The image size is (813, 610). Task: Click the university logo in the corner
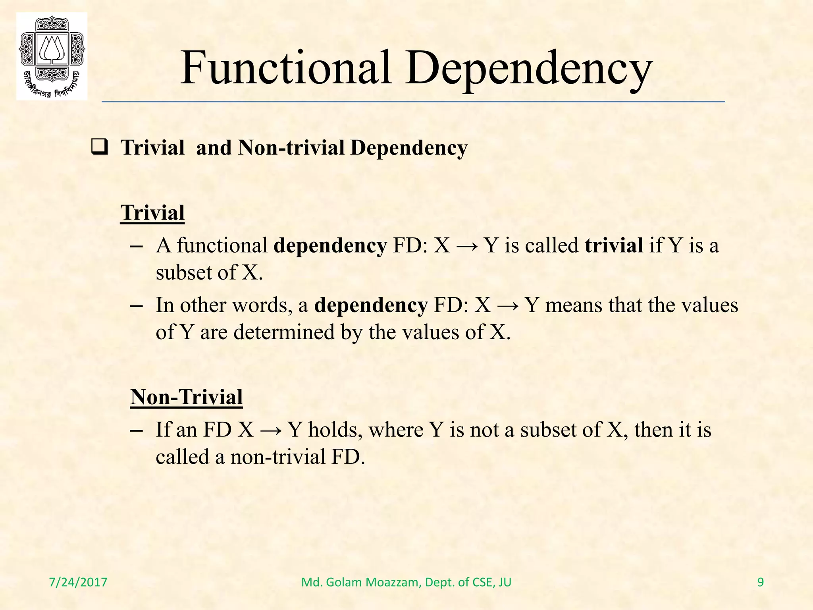pos(52,56)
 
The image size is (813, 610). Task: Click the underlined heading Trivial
pos(152,213)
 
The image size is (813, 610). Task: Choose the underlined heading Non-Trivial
pos(187,397)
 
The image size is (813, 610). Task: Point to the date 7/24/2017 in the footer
pos(78,583)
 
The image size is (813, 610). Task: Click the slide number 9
pos(760,583)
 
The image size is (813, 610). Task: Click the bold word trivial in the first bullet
pos(614,245)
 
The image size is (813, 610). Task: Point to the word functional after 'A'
pos(222,245)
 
